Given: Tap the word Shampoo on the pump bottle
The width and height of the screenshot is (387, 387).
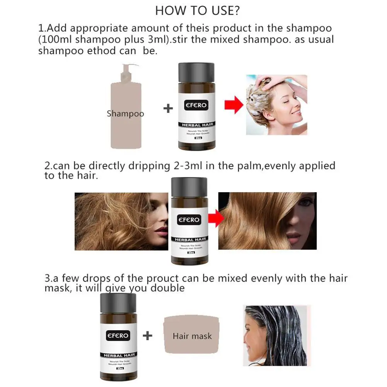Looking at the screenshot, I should pos(125,114).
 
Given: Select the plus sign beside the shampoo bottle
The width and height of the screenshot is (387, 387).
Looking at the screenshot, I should pos(168,108).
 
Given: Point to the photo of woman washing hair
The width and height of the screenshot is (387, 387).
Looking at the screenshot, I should pos(276,105).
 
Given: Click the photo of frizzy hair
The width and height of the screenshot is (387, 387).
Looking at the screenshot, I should pos(121,221).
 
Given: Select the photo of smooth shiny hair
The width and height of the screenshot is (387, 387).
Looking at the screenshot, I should pos(267,221).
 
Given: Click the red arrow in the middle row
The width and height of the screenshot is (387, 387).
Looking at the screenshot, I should pos(216,219).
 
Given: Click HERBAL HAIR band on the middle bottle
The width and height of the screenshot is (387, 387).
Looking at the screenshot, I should pos(189,239).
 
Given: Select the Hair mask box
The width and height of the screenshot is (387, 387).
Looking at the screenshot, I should pos(192,336).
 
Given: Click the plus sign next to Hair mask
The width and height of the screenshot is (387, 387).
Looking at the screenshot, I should pos(147,335).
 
